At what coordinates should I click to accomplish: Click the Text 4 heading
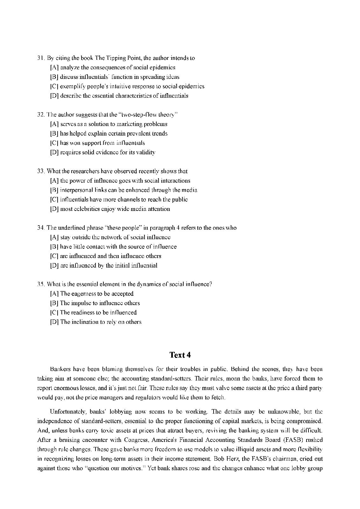point(180,355)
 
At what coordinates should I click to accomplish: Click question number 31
point(40,58)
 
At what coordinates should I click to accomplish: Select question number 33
point(40,171)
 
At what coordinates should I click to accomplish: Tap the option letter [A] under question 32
point(54,124)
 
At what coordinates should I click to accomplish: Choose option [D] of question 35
point(54,322)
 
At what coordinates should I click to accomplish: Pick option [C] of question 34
point(54,256)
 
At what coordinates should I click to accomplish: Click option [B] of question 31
point(54,77)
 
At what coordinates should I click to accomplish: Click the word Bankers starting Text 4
point(60,369)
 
